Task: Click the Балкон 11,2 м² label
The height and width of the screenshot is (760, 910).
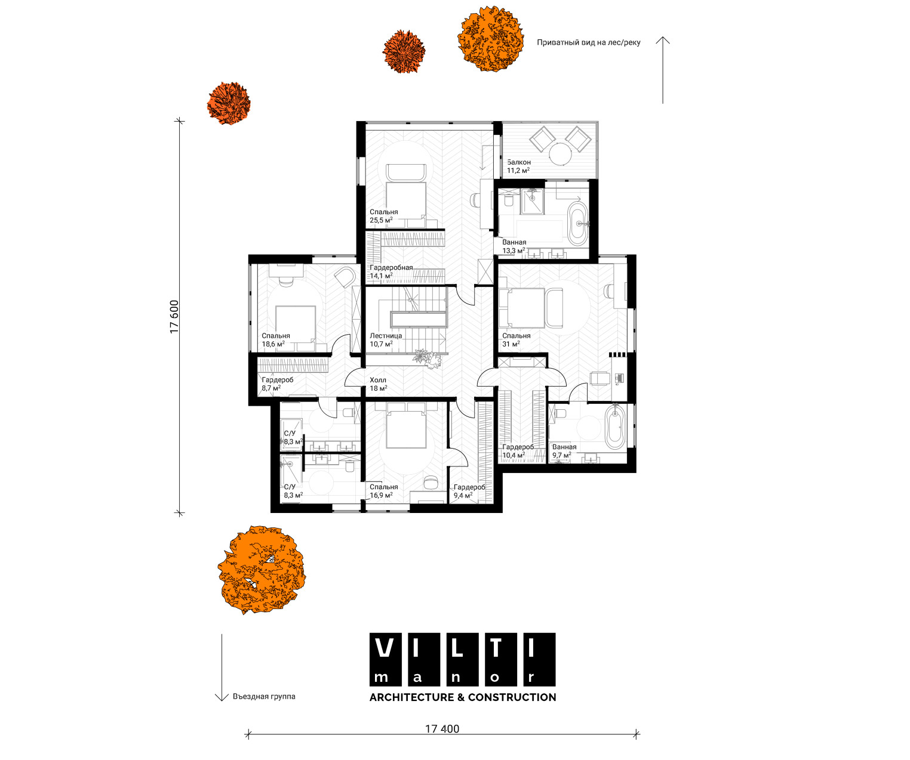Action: pyautogui.click(x=519, y=166)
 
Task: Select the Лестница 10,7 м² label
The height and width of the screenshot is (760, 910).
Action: pyautogui.click(x=386, y=339)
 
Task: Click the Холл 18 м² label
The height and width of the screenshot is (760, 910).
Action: pyautogui.click(x=379, y=384)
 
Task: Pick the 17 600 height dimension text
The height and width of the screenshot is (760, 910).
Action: pyautogui.click(x=174, y=317)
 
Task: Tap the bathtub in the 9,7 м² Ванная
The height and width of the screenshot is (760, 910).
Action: pyautogui.click(x=615, y=427)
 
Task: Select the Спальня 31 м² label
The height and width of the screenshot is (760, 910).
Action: pyautogui.click(x=516, y=339)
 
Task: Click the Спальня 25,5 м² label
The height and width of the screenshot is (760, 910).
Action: pyautogui.click(x=383, y=216)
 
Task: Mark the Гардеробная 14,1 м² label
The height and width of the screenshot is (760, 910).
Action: pyautogui.click(x=391, y=272)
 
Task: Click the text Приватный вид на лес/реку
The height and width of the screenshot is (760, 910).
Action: pyautogui.click(x=588, y=43)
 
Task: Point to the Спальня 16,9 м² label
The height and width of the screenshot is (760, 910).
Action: pyautogui.click(x=383, y=491)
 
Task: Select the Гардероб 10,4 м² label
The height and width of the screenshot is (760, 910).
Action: pyautogui.click(x=518, y=451)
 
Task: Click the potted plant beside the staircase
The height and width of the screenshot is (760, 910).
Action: pyautogui.click(x=428, y=358)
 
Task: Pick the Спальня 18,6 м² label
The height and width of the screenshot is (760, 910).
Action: pyautogui.click(x=276, y=339)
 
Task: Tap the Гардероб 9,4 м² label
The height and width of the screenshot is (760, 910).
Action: pyautogui.click(x=469, y=491)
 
